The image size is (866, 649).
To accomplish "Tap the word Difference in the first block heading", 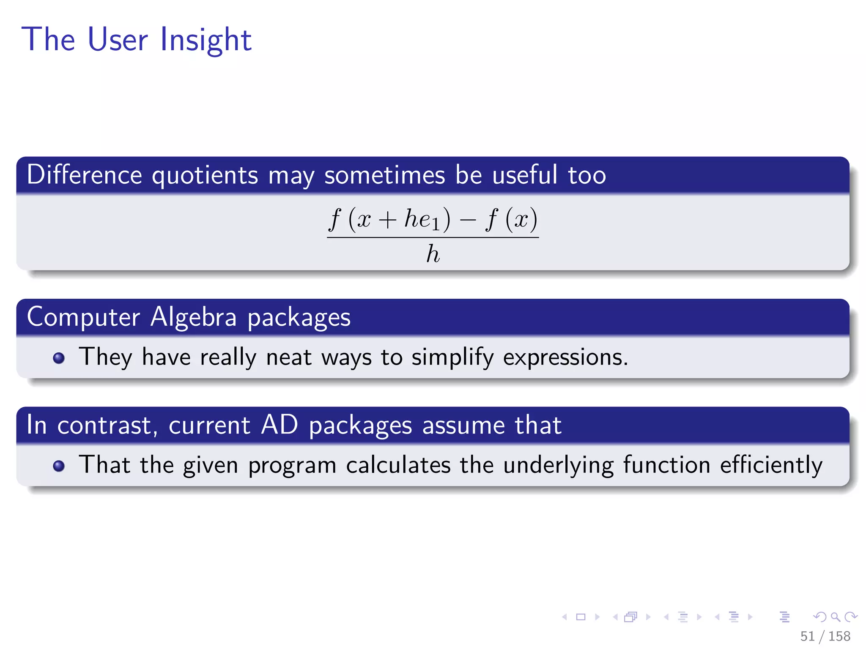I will coord(84,175).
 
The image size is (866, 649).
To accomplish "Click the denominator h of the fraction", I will coord(433,254).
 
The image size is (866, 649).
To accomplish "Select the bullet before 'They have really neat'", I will coord(59,358).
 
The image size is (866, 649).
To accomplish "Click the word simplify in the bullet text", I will coord(452,357).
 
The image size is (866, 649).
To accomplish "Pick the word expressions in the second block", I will coord(565,357).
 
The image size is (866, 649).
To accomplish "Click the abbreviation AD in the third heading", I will coord(280,425).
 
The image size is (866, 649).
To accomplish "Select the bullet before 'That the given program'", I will coord(59,466).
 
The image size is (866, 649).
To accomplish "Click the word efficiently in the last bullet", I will coord(771,465).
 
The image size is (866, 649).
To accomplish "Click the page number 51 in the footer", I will coord(807,636).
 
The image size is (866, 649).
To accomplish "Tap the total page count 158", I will coord(839,636).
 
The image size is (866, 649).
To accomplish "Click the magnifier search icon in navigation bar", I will coord(835,617).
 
